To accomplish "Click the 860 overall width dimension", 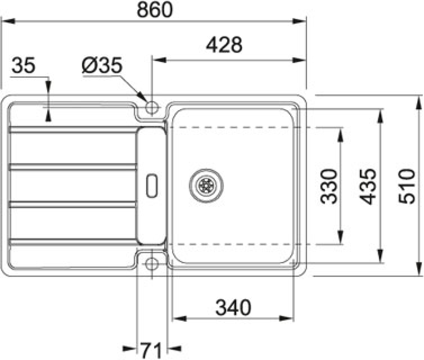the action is pos(155,10).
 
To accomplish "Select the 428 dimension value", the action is pos(224,45).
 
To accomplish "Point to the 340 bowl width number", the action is pos(233,307).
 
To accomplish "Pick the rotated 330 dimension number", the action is pos(329,186).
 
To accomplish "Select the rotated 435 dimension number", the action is pos(367,186).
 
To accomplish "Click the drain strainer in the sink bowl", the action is pos(206,185).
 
